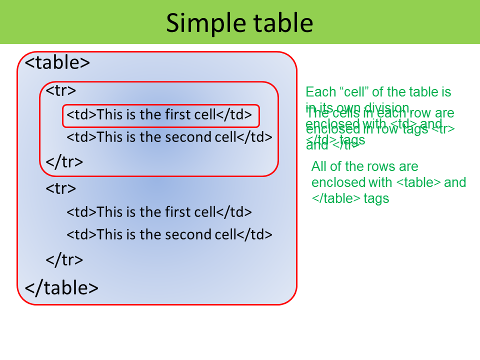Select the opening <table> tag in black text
pyautogui.click(x=57, y=62)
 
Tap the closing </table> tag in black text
pyautogui.click(x=61, y=288)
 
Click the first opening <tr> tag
pyautogui.click(x=61, y=90)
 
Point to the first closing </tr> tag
pyautogui.click(x=64, y=161)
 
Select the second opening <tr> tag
pyautogui.click(x=61, y=188)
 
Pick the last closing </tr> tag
pyautogui.click(x=64, y=259)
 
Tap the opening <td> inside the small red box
pyautogui.click(x=81, y=115)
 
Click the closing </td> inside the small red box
pyautogui.click(x=234, y=115)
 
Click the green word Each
pyautogui.click(x=317, y=92)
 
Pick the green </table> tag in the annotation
pyautogui.click(x=336, y=198)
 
